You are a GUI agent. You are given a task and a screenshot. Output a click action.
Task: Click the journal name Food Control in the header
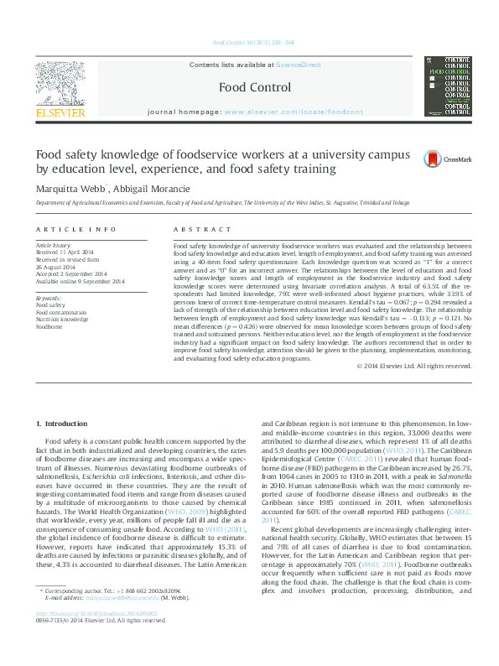tap(249, 86)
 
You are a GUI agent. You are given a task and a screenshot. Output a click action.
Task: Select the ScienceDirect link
tap(299, 65)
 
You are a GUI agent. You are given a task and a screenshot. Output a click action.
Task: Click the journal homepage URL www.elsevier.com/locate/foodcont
tap(294, 112)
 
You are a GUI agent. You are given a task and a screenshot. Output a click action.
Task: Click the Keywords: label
tap(50, 298)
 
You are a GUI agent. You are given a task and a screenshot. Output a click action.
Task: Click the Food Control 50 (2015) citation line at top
tap(249, 43)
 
